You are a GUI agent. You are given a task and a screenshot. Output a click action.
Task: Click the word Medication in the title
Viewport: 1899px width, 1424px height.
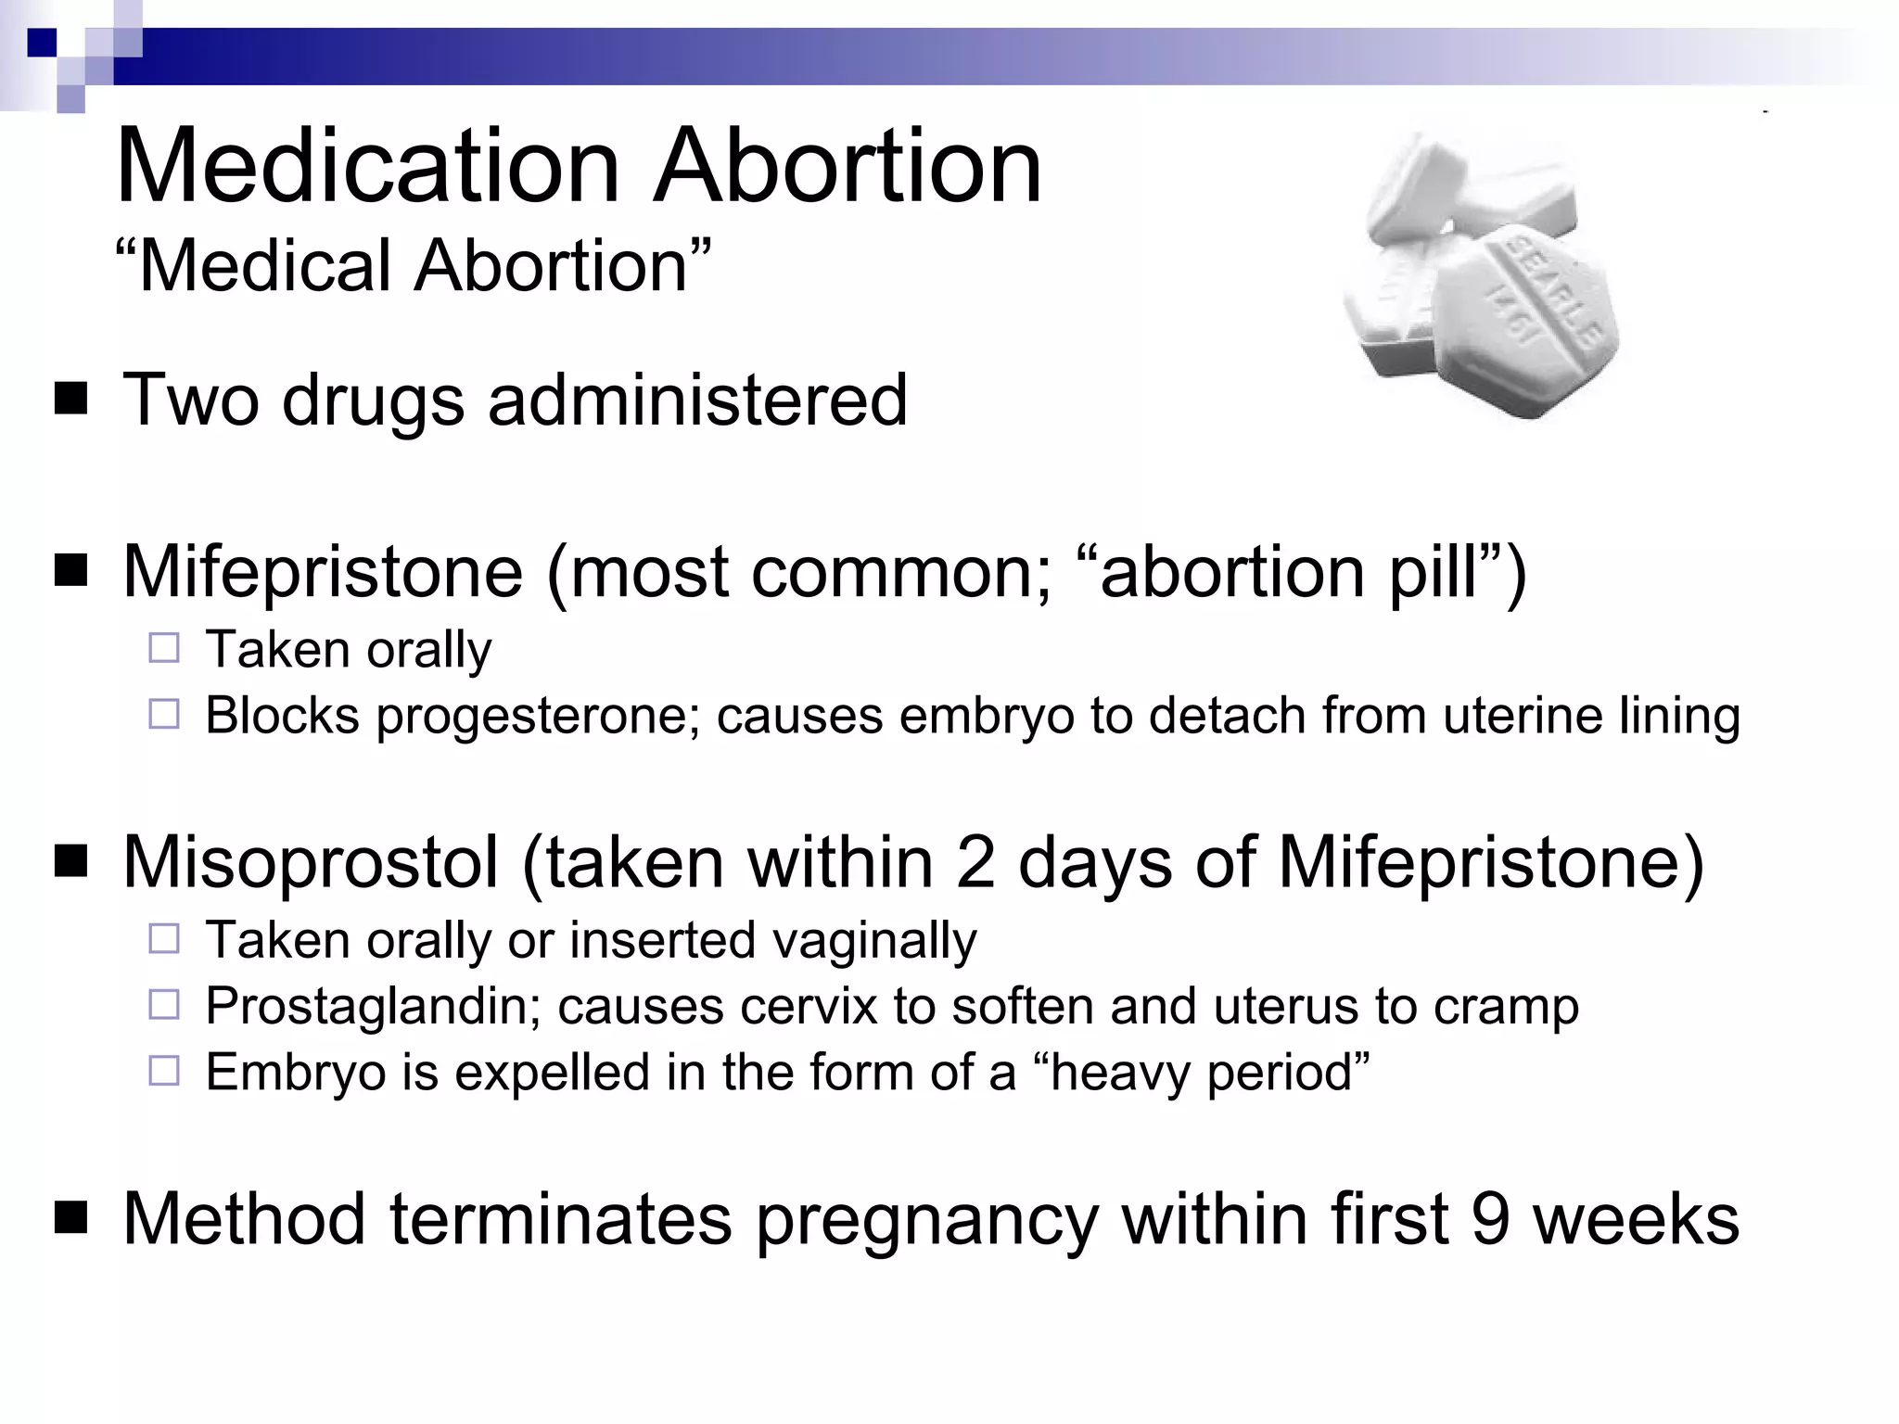coord(367,169)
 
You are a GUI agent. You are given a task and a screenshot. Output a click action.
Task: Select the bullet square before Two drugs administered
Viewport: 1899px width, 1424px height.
coord(70,400)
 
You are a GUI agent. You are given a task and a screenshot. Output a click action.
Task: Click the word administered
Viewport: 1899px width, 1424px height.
coord(697,400)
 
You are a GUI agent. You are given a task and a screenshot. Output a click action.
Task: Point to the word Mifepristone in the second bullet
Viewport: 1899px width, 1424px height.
coord(323,572)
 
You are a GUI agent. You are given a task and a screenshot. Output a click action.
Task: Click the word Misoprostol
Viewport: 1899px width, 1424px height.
coord(311,862)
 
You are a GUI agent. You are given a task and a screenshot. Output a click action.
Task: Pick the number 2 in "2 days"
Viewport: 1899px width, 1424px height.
coord(975,862)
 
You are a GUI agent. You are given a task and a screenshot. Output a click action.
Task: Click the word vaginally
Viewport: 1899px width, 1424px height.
coord(873,940)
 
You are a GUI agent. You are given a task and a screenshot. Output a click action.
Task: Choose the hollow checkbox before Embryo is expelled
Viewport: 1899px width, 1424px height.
coord(164,1072)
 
